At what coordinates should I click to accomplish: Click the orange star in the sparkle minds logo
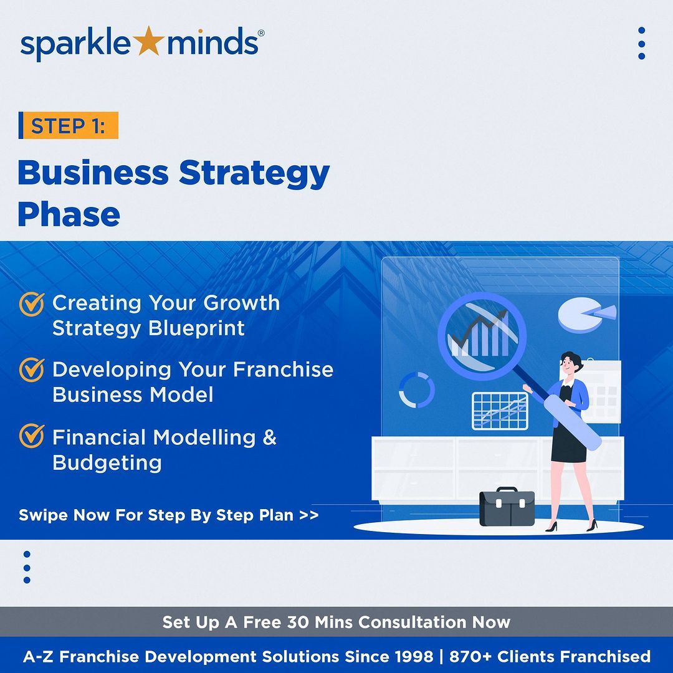pyautogui.click(x=148, y=41)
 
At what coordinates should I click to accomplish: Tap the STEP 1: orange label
pyautogui.click(x=69, y=125)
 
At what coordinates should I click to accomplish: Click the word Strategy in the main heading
pyautogui.click(x=254, y=173)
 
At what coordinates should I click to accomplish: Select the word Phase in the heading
pyautogui.click(x=69, y=214)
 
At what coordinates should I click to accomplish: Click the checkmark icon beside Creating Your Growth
pyautogui.click(x=31, y=304)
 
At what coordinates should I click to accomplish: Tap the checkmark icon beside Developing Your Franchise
pyautogui.click(x=31, y=370)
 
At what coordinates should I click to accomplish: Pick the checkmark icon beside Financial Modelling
pyautogui.click(x=31, y=436)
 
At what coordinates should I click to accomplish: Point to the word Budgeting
pyautogui.click(x=107, y=463)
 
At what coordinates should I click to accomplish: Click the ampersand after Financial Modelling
pyautogui.click(x=269, y=437)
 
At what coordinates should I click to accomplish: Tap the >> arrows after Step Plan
pyautogui.click(x=309, y=515)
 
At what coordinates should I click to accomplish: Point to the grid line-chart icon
pyautogui.click(x=500, y=411)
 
